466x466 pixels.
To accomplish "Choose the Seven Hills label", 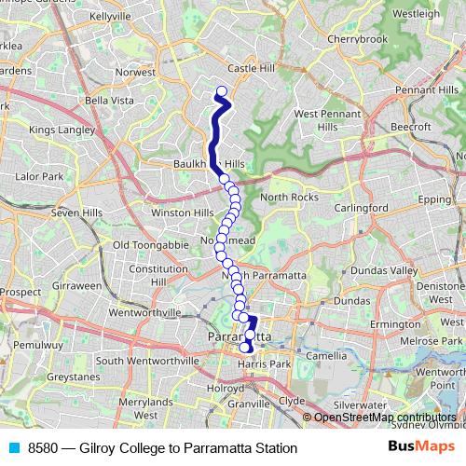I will tap(77, 212).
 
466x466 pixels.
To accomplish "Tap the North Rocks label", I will tap(290, 197).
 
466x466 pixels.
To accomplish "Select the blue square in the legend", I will tap(14, 448).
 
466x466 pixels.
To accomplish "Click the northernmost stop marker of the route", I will tap(222, 91).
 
